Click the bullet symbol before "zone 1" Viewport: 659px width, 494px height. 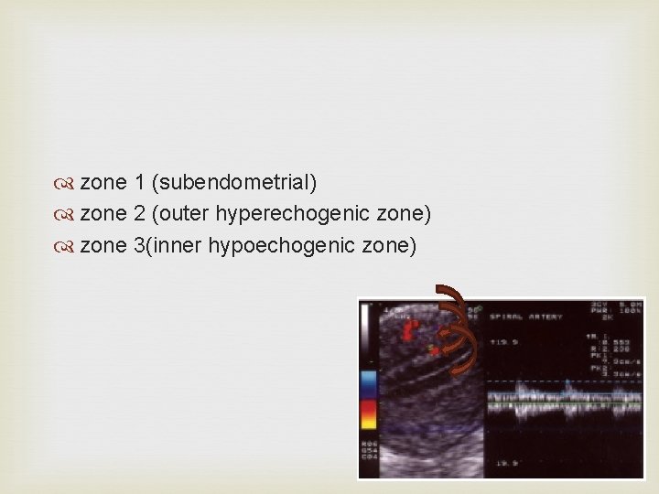coord(69,184)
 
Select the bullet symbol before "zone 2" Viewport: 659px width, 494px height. coord(69,215)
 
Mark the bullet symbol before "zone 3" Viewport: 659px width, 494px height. coord(69,246)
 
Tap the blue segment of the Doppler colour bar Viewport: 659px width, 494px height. coord(369,382)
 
